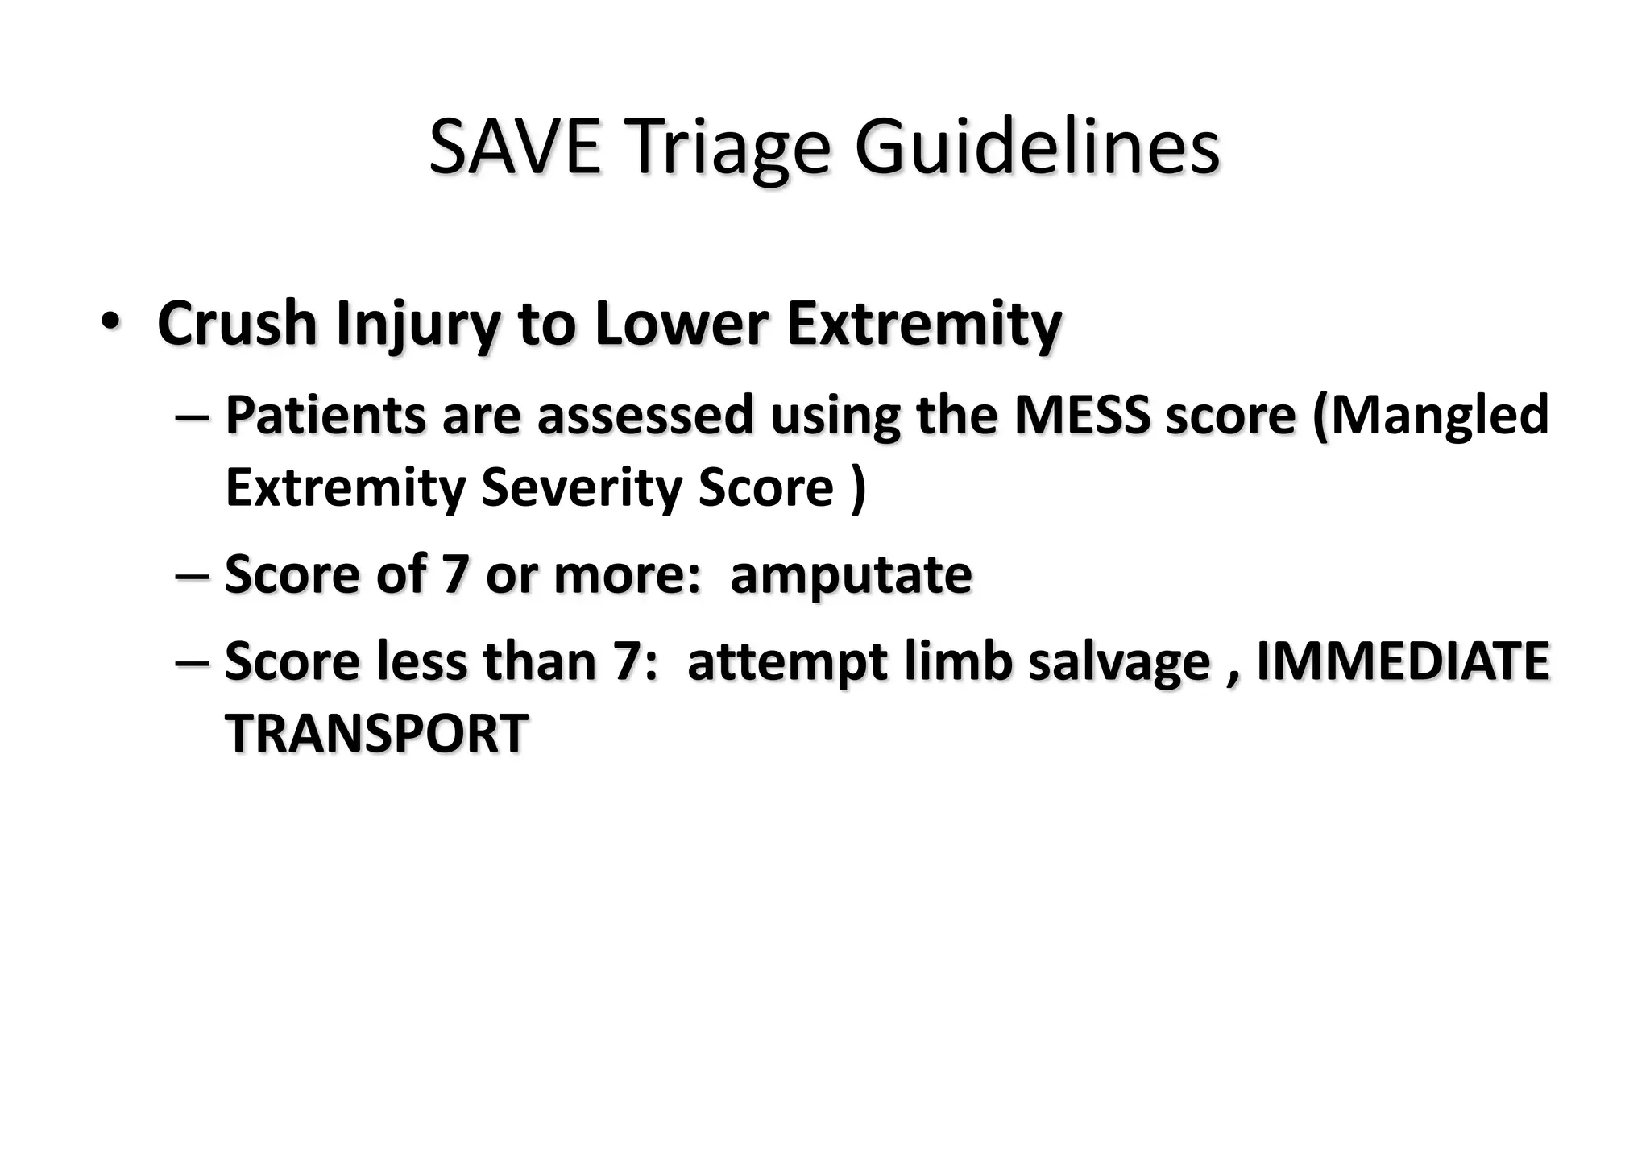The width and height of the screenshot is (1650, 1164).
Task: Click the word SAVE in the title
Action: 515,148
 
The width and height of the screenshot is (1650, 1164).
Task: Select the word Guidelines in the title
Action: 1037,148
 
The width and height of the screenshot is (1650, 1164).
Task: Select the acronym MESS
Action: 1082,416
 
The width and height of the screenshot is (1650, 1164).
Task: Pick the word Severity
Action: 581,488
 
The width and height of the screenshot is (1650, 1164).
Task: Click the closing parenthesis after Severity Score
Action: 858,488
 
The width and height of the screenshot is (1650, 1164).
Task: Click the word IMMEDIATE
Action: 1403,661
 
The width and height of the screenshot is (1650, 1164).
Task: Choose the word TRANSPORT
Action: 376,734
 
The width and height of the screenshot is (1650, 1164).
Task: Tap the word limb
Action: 958,661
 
